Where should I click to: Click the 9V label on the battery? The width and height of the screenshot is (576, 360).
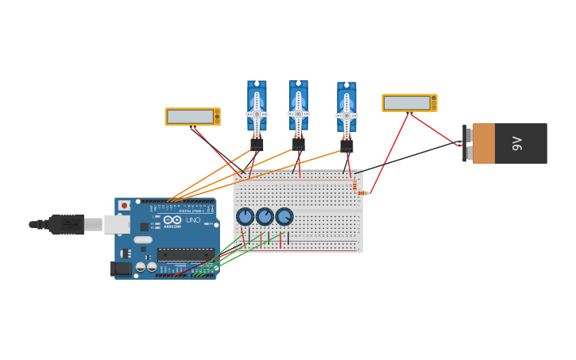coord(517,143)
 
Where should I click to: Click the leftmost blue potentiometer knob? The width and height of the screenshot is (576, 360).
coord(245,216)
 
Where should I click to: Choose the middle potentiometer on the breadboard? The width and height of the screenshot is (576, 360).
coord(265,216)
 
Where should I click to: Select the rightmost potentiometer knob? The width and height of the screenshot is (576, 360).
coord(284,216)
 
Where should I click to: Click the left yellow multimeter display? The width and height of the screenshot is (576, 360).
coord(191,117)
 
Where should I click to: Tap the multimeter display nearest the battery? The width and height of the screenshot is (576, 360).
coord(407,103)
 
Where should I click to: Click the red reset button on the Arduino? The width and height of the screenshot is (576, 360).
coord(124,206)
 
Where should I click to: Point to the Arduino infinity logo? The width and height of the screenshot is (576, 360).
coord(172,220)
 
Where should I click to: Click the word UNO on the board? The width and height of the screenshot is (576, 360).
coord(193,220)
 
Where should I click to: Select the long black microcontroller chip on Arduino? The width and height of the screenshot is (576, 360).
coord(185,255)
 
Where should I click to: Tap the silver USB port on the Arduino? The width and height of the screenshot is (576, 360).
coord(116,224)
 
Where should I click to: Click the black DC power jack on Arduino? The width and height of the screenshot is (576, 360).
coord(120,269)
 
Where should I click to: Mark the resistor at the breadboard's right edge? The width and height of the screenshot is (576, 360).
coord(361,192)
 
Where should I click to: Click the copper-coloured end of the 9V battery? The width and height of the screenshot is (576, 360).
coord(484,143)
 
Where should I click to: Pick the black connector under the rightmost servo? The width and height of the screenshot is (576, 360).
coord(346,145)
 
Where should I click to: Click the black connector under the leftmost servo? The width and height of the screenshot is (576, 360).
coord(257,145)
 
